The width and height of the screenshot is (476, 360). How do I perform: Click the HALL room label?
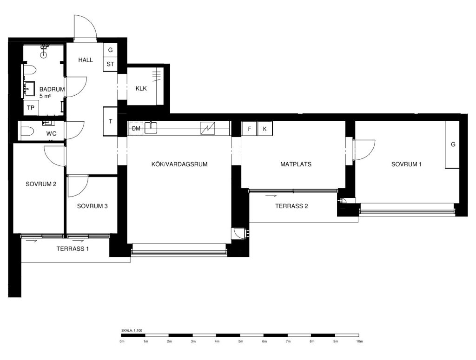[86, 60]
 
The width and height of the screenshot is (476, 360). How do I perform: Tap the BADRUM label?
[52, 89]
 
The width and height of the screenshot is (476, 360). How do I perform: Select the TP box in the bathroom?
[31, 107]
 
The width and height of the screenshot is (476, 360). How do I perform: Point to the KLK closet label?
[141, 88]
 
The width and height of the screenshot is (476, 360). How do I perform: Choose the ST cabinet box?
[110, 64]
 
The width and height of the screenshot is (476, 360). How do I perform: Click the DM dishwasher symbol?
[136, 128]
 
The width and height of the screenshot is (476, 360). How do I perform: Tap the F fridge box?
[249, 129]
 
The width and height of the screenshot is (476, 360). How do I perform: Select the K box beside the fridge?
[265, 129]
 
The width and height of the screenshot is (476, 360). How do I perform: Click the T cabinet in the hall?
[111, 121]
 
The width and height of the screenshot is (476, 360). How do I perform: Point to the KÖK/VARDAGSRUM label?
[179, 164]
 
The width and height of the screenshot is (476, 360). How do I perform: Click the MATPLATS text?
[296, 164]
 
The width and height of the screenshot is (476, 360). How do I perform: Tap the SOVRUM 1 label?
[406, 164]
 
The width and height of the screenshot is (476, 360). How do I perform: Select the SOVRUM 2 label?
[40, 184]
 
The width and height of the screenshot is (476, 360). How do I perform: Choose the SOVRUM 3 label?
[93, 206]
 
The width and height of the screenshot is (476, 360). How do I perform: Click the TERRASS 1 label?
[73, 249]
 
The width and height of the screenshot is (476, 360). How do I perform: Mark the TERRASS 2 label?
[291, 206]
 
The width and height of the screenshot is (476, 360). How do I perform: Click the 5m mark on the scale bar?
[241, 341]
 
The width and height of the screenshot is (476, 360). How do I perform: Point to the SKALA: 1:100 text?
[132, 330]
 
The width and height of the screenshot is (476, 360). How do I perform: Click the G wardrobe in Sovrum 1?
[453, 144]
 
